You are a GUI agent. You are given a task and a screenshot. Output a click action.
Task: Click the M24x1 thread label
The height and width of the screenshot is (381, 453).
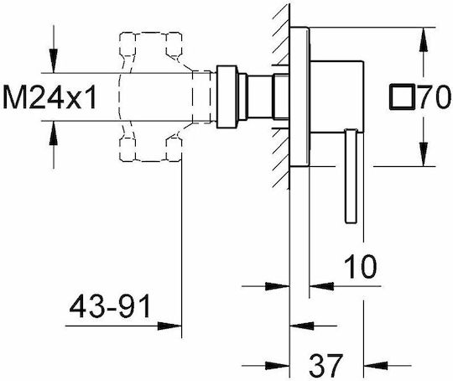(x=49, y=97)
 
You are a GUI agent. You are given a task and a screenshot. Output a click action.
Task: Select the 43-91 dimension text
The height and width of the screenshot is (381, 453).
(x=110, y=305)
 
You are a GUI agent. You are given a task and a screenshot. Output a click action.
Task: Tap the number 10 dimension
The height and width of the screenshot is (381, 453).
(x=361, y=267)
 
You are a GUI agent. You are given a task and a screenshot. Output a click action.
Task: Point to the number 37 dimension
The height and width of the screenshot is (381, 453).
(x=325, y=365)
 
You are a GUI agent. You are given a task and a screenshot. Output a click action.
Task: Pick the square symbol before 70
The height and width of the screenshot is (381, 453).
(x=403, y=97)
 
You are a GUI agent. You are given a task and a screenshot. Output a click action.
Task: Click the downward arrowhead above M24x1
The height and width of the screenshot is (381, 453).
(x=54, y=60)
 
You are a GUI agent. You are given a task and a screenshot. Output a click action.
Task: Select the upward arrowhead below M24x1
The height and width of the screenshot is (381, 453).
(x=54, y=133)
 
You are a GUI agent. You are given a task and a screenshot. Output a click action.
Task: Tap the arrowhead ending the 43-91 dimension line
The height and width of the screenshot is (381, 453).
(x=169, y=326)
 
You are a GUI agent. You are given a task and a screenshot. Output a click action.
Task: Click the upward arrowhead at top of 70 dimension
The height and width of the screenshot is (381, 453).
(x=424, y=39)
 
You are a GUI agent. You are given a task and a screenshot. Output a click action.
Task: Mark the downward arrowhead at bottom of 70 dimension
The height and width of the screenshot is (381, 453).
(x=424, y=154)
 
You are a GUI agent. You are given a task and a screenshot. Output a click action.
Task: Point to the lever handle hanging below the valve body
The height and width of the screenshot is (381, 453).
(x=351, y=176)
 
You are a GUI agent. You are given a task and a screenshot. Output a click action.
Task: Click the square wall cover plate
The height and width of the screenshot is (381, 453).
(x=299, y=97)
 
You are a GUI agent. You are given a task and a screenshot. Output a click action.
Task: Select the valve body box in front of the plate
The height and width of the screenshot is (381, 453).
(x=336, y=97)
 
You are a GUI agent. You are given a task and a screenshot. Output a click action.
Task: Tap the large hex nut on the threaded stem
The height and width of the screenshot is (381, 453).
(x=226, y=97)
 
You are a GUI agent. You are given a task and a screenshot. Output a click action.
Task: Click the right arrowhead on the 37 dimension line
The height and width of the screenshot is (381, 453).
(x=376, y=365)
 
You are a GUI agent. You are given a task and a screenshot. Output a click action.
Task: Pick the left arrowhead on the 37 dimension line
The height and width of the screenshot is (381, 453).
(x=278, y=365)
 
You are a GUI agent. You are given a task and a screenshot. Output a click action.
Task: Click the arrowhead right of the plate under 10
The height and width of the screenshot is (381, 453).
(x=321, y=286)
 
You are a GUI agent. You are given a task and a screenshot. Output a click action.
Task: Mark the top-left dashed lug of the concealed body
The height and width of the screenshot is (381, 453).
(x=128, y=44)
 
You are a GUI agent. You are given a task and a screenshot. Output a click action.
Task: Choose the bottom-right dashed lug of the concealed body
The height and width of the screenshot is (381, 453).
(x=174, y=149)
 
